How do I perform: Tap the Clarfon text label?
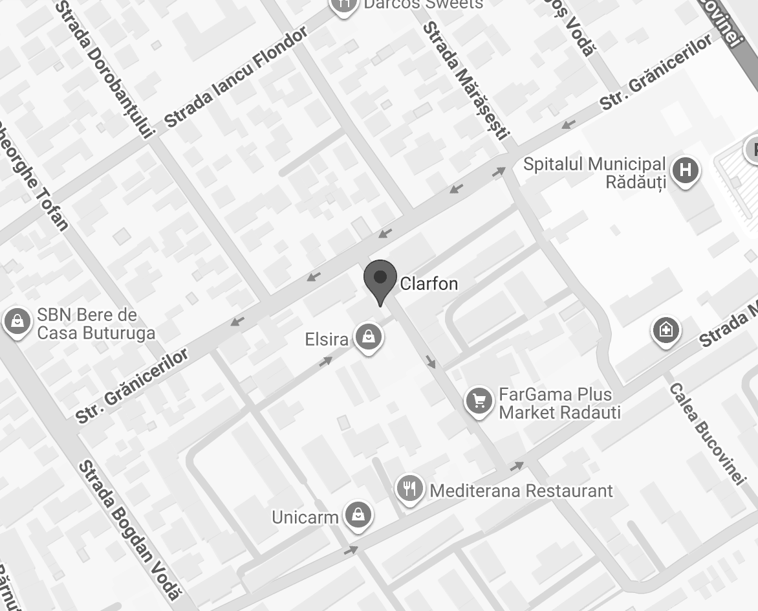[429, 283]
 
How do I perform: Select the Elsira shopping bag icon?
[369, 337]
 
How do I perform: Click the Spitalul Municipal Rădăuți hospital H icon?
[685, 171]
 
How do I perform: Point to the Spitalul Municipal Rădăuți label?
[594, 173]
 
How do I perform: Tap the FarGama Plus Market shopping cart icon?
[479, 401]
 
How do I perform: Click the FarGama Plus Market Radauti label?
[559, 403]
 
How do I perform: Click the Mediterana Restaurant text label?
[521, 491]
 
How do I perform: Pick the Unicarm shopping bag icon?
[356, 515]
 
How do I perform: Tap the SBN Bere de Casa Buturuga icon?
[17, 321]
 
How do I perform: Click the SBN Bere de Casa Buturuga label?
[96, 324]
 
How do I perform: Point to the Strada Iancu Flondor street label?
[236, 78]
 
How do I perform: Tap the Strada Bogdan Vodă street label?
[129, 531]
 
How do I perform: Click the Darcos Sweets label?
[423, 5]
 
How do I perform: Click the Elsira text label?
[327, 339]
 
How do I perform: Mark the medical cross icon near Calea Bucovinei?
[666, 331]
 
